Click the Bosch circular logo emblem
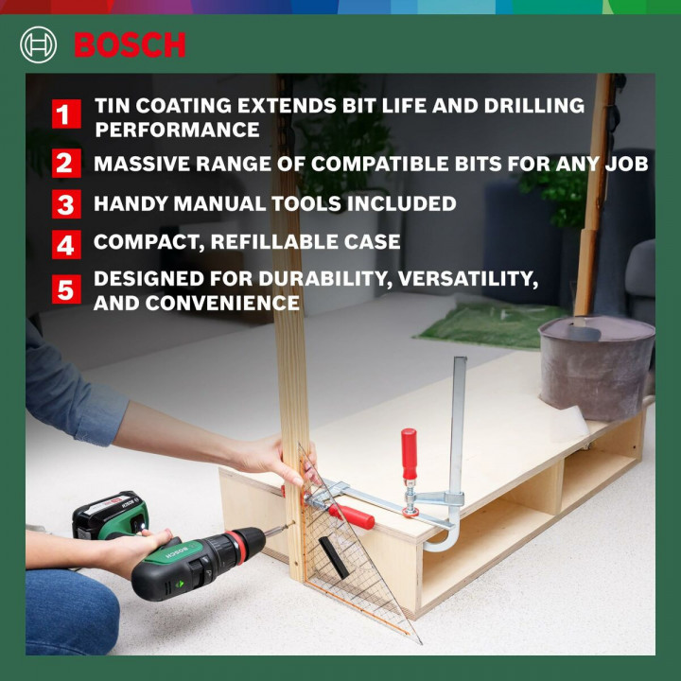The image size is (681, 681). (x=39, y=44)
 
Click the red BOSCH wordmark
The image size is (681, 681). (x=130, y=44)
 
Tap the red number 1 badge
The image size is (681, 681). (x=64, y=115)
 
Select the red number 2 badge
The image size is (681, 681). (x=64, y=163)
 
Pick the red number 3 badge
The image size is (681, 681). (x=64, y=203)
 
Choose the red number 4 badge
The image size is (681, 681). (x=64, y=244)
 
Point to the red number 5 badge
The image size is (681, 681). (x=64, y=289)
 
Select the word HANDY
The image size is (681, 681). (x=131, y=203)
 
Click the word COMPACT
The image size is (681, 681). (x=147, y=242)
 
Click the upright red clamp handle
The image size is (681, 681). (x=409, y=454)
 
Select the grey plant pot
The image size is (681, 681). (x=596, y=364)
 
